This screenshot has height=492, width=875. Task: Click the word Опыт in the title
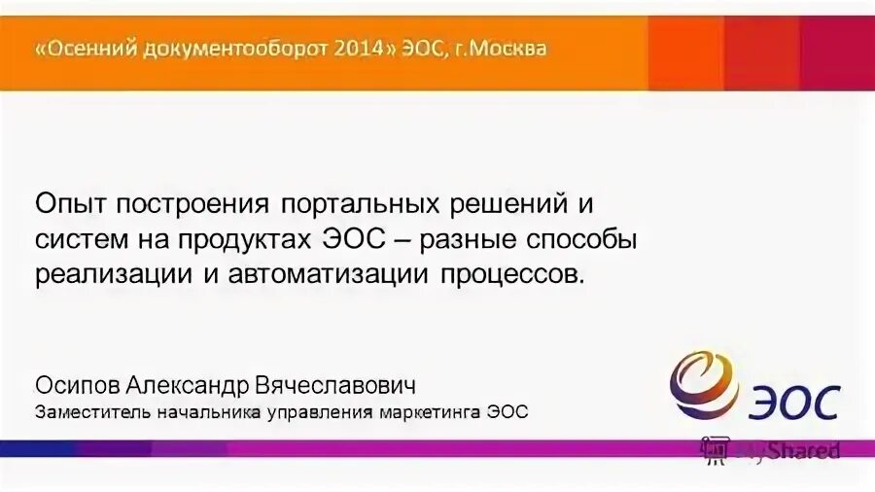pos(71,205)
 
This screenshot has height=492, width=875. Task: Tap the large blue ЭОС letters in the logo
pos(794,402)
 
